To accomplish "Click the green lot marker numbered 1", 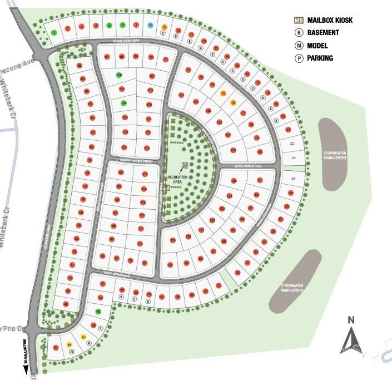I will pyautogui.click(x=54, y=33).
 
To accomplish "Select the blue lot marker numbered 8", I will pyautogui.click(x=150, y=25).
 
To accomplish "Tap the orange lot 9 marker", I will pyautogui.click(x=164, y=27).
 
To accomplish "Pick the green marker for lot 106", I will pyautogui.click(x=119, y=75).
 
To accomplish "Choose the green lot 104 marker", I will pyautogui.click(x=124, y=103).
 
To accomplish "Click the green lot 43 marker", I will pyautogui.click(x=98, y=312).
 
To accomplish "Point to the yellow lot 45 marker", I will pyautogui.click(x=83, y=337).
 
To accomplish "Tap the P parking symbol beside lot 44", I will pyautogui.click(x=101, y=328).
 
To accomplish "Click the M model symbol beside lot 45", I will pyautogui.click(x=89, y=344).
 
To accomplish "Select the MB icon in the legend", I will pyautogui.click(x=299, y=21).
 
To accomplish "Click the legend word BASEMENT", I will pyautogui.click(x=323, y=33).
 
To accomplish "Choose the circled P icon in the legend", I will pyautogui.click(x=299, y=58).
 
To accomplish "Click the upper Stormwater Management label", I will pyautogui.click(x=335, y=155).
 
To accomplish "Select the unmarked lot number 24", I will pyautogui.click(x=294, y=179).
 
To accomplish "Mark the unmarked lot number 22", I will pyautogui.click(x=292, y=144).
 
